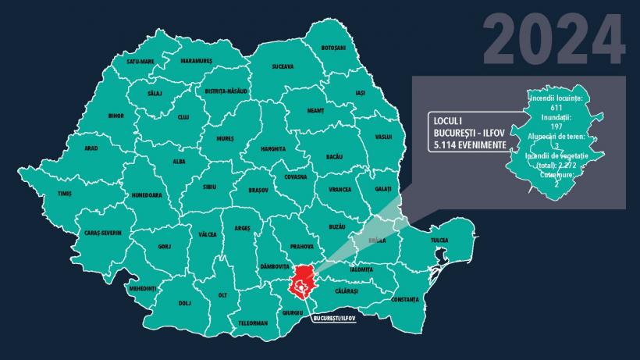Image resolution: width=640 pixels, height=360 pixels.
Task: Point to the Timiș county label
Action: (65, 194)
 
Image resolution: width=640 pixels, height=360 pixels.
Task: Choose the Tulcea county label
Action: (439, 241)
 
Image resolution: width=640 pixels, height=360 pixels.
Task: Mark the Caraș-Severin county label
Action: (103, 233)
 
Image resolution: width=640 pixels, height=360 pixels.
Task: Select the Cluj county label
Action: (183, 117)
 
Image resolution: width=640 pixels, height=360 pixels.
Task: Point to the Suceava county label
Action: (283, 66)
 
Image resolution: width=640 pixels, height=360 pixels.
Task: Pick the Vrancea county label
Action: (340, 190)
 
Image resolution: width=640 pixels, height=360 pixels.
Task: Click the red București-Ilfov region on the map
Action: (304, 283)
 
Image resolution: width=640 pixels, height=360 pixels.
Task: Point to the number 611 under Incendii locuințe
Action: (556, 108)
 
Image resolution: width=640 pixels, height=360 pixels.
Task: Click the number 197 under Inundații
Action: (556, 126)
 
